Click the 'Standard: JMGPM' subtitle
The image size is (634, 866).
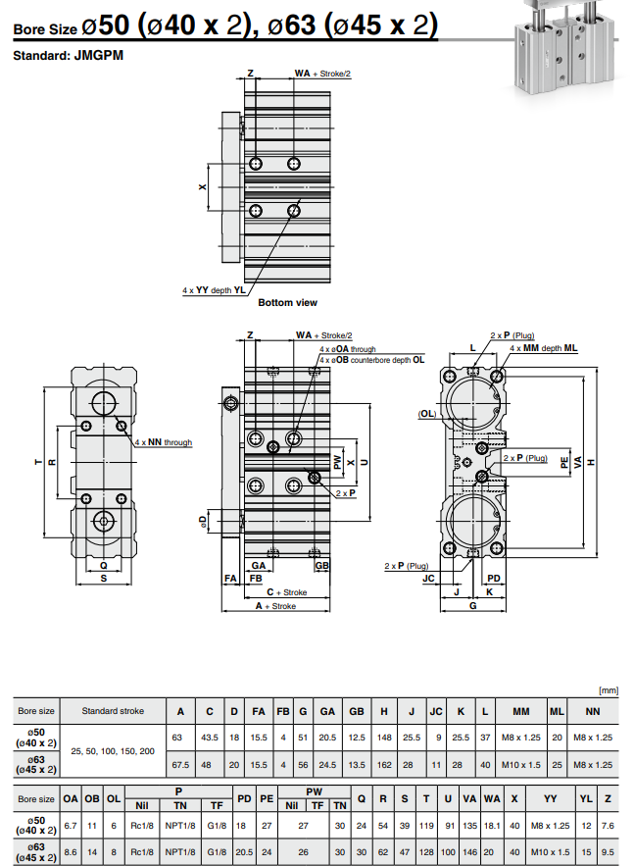(68, 56)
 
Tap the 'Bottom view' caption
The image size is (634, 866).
(287, 303)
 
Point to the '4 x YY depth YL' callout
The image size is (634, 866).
(214, 290)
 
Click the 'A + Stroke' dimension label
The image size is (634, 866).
(275, 607)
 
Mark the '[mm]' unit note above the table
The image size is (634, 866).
(609, 690)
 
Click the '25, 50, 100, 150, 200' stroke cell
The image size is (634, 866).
(113, 750)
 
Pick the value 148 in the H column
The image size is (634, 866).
(385, 737)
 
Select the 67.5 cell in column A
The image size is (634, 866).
(180, 764)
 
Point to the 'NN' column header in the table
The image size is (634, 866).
(593, 711)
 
